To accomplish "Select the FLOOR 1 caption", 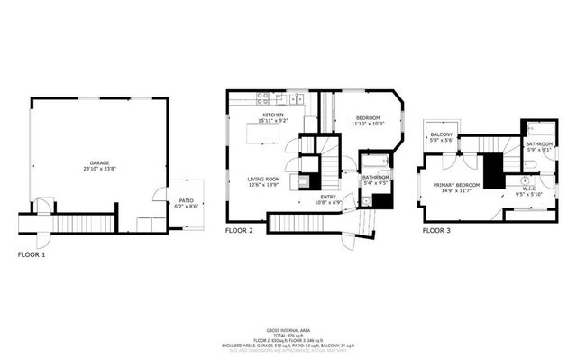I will pyautogui.click(x=32, y=254).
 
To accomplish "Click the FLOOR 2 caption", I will pyautogui.click(x=239, y=231).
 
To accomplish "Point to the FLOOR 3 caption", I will pyautogui.click(x=436, y=231).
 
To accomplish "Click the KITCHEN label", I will pyautogui.click(x=273, y=116).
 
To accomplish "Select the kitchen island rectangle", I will pyautogui.click(x=267, y=136).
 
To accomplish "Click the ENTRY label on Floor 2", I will pyautogui.click(x=327, y=197).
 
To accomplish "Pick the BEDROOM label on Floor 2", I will pyautogui.click(x=368, y=118).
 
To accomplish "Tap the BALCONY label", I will pyautogui.click(x=442, y=134).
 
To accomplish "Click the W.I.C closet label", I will pyautogui.click(x=526, y=189).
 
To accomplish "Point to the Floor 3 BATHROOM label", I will pyautogui.click(x=539, y=143).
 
